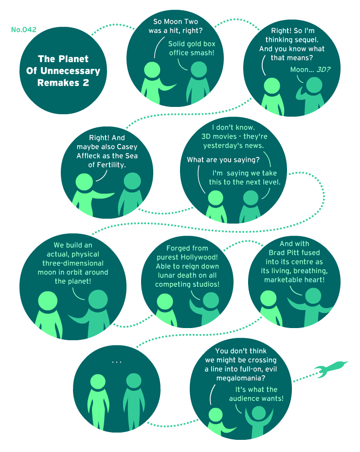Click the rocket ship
[x=331, y=369]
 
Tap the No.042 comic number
[x=24, y=29]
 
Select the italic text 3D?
[x=324, y=70]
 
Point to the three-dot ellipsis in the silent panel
[x=117, y=362]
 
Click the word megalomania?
[x=241, y=378]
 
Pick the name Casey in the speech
[x=127, y=147]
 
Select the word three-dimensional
[x=72, y=263]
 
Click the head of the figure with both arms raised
[x=258, y=413]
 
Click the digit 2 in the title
[x=86, y=83]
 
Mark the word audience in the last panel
[x=244, y=399]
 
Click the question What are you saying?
[x=223, y=160]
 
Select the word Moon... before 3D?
[x=302, y=70]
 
